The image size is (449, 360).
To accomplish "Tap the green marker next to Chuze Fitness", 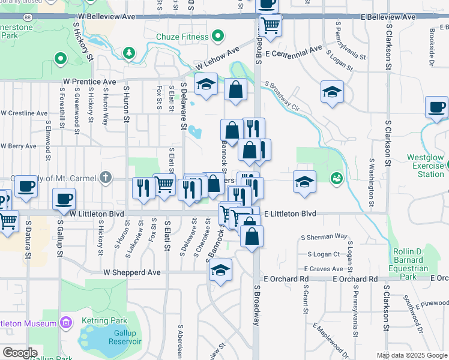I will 217,37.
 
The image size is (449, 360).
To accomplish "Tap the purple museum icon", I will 66,323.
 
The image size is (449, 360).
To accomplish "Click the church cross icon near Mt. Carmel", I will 106,177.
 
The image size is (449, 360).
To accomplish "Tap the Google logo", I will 20,353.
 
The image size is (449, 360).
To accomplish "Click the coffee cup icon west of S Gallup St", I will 25,185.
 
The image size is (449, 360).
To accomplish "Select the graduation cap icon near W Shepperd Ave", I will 221,270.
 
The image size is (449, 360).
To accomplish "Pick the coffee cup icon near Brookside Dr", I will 436,107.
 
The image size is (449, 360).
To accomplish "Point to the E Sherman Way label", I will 327,237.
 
